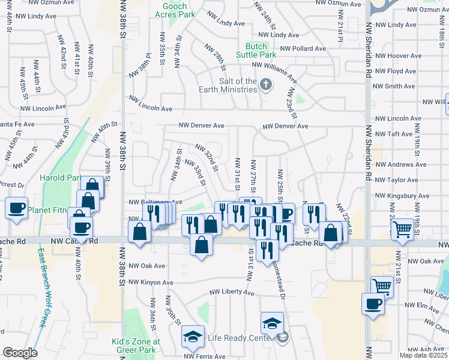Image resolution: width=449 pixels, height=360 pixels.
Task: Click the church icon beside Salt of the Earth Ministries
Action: coord(266,86)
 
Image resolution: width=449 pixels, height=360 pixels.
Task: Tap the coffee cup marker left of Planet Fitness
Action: coord(16,208)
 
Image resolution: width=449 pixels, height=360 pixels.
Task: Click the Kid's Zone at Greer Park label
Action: coord(136,346)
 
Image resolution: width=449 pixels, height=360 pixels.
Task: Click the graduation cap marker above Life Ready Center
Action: coord(272,323)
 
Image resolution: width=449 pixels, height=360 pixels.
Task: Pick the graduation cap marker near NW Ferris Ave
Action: coord(193,337)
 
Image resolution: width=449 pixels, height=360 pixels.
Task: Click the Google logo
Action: coord(20,353)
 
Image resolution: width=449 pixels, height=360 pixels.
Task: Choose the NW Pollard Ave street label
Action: coord(303,49)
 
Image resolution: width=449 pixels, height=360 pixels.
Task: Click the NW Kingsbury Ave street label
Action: coord(402,196)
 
